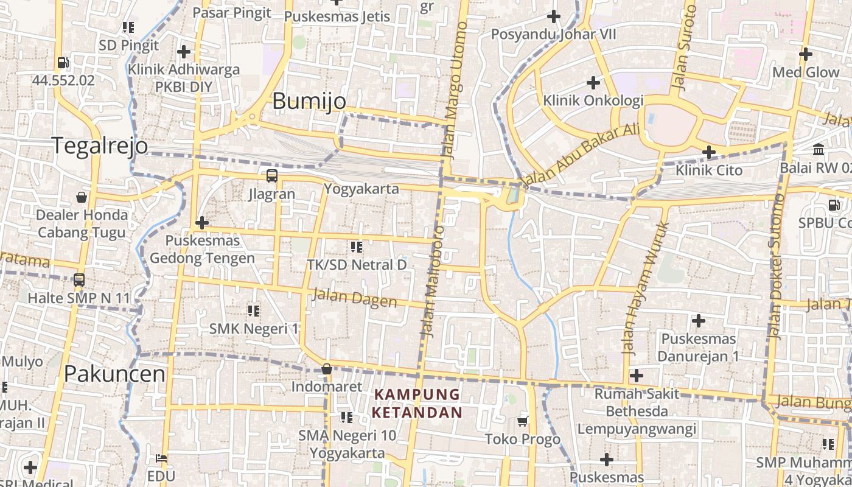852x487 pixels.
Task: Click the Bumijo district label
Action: [309, 101]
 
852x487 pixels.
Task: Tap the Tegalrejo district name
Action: [100, 146]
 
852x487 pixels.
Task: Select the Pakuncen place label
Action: [115, 374]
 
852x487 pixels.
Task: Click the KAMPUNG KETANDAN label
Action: [417, 404]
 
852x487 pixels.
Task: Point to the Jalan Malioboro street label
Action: [433, 282]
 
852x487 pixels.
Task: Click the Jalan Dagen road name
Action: [354, 299]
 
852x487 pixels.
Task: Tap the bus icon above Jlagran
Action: [272, 176]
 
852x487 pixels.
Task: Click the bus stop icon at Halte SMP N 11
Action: [79, 280]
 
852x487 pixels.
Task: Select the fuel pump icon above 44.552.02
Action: [63, 62]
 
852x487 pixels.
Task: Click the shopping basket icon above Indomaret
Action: [327, 369]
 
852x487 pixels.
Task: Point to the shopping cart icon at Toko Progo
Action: [523, 421]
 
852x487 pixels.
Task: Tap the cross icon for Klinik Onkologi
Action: [593, 82]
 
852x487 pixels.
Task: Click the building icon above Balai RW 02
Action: [819, 150]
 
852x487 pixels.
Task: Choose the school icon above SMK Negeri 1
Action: [254, 311]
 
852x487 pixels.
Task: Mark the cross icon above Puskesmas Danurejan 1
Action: [699, 320]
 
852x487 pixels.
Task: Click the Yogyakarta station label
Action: [361, 189]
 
